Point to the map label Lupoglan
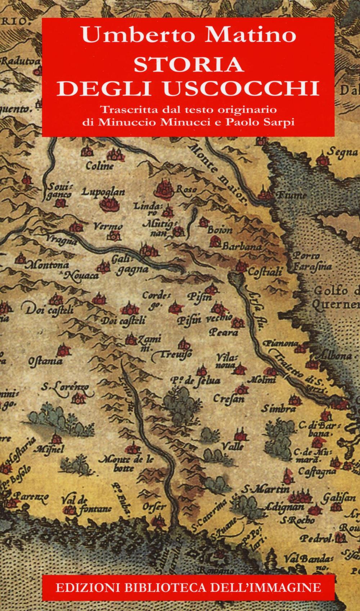[x=103, y=192]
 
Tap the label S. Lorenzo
[x=65, y=388]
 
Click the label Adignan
[x=279, y=506]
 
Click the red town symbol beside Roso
[x=165, y=187]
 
